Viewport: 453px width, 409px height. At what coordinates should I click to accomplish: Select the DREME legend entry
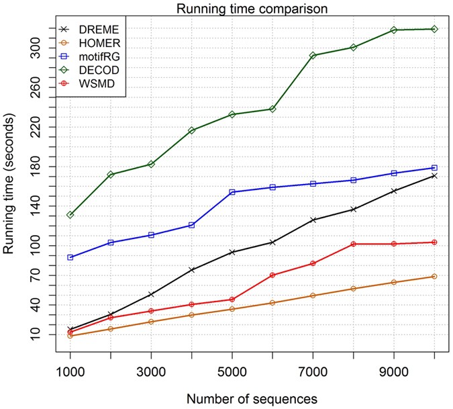[x=93, y=30]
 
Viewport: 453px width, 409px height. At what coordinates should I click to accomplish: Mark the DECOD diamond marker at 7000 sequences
[x=313, y=56]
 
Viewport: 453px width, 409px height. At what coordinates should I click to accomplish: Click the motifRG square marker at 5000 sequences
[x=232, y=192]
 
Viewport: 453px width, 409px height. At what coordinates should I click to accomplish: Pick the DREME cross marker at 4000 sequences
[x=191, y=270]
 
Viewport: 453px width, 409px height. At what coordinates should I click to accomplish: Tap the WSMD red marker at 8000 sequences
[x=353, y=244]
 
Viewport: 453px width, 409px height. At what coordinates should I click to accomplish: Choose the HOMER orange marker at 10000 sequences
[x=434, y=277]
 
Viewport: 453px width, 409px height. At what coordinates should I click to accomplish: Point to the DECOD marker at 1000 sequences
[x=70, y=215]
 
